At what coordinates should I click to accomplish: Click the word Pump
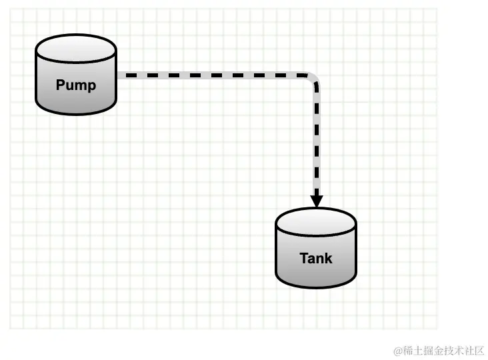coord(75,85)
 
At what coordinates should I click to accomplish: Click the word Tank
coord(316,258)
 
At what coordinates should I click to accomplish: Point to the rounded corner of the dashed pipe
coord(312,79)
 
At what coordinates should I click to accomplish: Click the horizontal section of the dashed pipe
coord(213,75)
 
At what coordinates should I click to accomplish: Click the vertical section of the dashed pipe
coord(316,140)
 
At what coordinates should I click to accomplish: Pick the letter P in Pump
coord(60,85)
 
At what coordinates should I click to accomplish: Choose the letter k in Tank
coord(328,258)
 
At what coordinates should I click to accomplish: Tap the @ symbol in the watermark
coord(397,350)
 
